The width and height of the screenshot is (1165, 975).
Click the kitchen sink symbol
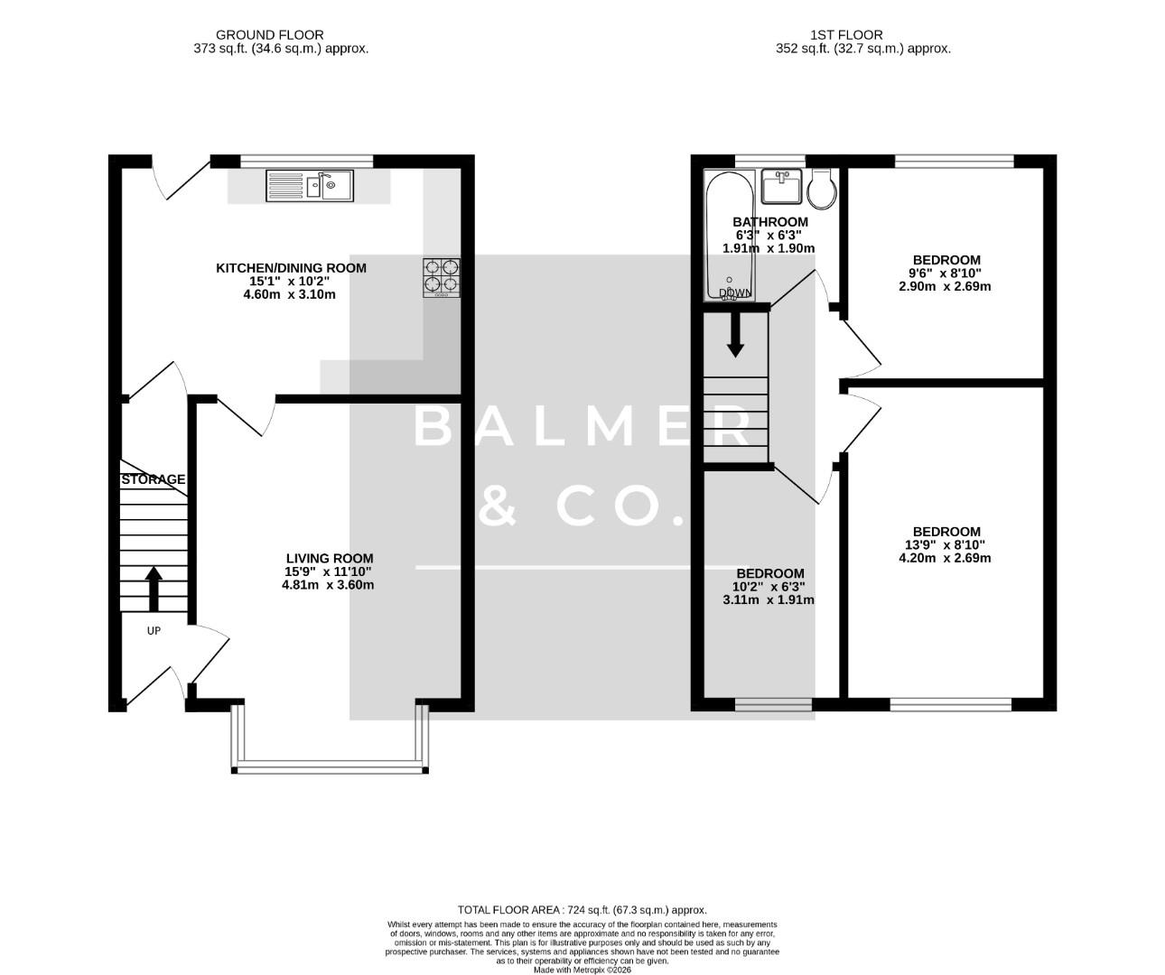coord(311,187)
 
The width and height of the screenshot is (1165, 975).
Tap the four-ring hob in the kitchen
coord(442,277)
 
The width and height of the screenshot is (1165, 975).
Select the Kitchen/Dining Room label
coord(290,268)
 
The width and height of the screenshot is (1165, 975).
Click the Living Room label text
coord(329,559)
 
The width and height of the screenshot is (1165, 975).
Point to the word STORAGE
coord(154,479)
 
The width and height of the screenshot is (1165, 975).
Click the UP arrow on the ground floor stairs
coord(154,589)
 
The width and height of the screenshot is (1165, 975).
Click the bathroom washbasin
coord(782,188)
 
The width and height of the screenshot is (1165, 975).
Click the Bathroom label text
coord(769,222)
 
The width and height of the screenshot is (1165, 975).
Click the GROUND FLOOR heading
coord(282,35)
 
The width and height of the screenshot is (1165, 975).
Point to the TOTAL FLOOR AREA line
coord(582,910)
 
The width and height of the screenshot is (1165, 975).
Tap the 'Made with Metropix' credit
coord(582,970)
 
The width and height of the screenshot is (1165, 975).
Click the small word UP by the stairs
coord(154,631)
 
